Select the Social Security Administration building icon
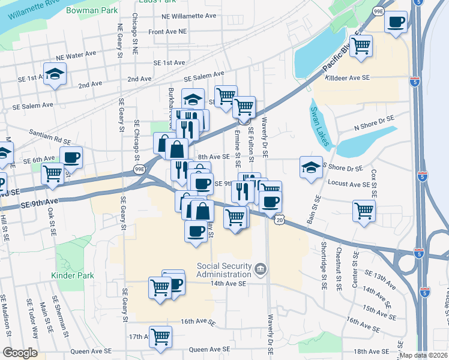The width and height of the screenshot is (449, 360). pos(260,268)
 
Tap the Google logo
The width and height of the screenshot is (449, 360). pos(20,353)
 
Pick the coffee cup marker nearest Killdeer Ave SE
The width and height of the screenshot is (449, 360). pos(396,23)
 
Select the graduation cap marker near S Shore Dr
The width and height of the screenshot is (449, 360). pos(311,167)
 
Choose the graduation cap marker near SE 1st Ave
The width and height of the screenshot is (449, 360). pos(55,74)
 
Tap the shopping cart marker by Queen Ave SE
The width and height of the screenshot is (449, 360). pos(160,337)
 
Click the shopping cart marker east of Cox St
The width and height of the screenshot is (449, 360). pos(364,211)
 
